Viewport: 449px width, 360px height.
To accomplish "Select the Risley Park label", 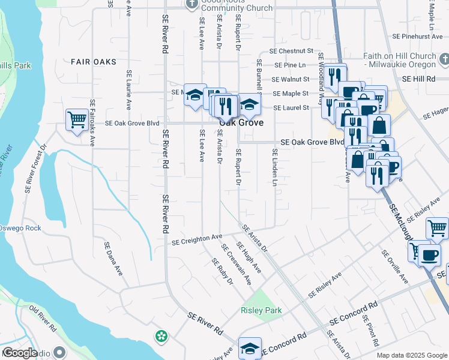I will coord(261,310).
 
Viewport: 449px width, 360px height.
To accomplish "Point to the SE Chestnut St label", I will coord(292,52).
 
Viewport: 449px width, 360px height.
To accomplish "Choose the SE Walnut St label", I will coord(291,79).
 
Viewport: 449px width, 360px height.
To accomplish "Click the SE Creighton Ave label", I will coord(197,239).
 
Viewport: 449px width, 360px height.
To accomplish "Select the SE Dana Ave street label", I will coord(113,259).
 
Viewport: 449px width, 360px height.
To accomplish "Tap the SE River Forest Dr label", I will coord(35,169).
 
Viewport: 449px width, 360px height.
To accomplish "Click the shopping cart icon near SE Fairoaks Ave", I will coord(76,119).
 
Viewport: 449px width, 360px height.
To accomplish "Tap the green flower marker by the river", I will coord(161,337).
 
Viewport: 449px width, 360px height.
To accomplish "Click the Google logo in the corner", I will coord(19,353).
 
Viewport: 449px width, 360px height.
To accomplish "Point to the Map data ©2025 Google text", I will coord(411,355).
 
